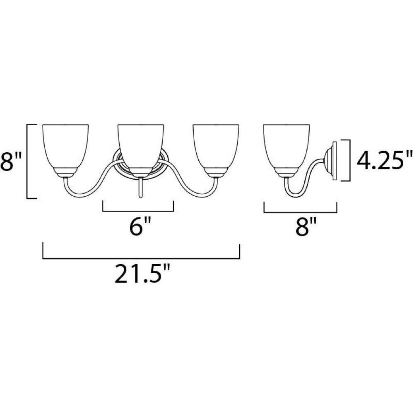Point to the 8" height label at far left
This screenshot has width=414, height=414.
point(11,161)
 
